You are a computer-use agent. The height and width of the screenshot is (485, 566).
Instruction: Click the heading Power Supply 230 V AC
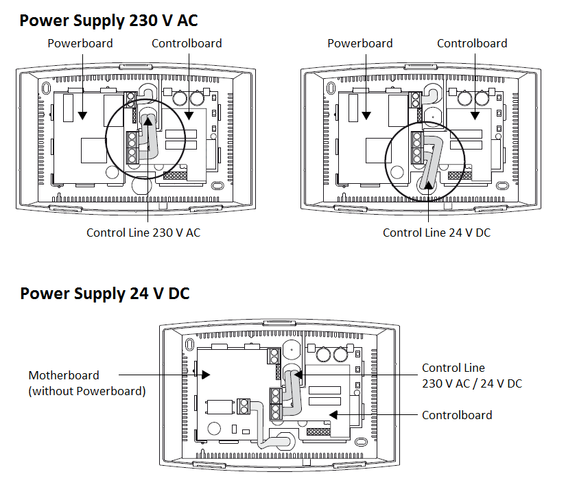tap(108, 21)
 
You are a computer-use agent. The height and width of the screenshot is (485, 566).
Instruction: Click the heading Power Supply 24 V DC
tap(104, 294)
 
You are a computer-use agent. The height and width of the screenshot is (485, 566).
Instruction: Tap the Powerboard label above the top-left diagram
tap(80, 43)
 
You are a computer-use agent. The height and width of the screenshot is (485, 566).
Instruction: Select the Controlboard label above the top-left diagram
tap(187, 43)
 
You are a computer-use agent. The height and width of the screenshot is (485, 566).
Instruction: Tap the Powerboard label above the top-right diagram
tap(360, 43)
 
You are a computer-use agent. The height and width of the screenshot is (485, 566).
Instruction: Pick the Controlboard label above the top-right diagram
tap(472, 43)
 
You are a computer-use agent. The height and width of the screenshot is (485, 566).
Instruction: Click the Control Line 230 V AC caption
tap(143, 233)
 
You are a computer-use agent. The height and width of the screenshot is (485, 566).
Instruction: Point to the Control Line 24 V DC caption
tap(437, 233)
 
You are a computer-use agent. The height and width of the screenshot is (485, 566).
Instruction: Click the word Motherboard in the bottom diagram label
tap(64, 375)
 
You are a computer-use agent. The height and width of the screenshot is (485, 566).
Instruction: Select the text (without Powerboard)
tap(87, 391)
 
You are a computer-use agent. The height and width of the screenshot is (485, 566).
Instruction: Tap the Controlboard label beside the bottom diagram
tap(457, 415)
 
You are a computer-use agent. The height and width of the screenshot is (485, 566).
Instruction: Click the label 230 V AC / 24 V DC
tap(472, 383)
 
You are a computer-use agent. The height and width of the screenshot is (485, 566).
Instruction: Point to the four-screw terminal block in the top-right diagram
tap(416, 147)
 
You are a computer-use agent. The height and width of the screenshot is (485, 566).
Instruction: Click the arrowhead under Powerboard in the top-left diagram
tap(81, 115)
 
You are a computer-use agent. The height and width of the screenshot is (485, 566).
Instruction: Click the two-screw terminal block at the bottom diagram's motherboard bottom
tap(243, 407)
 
